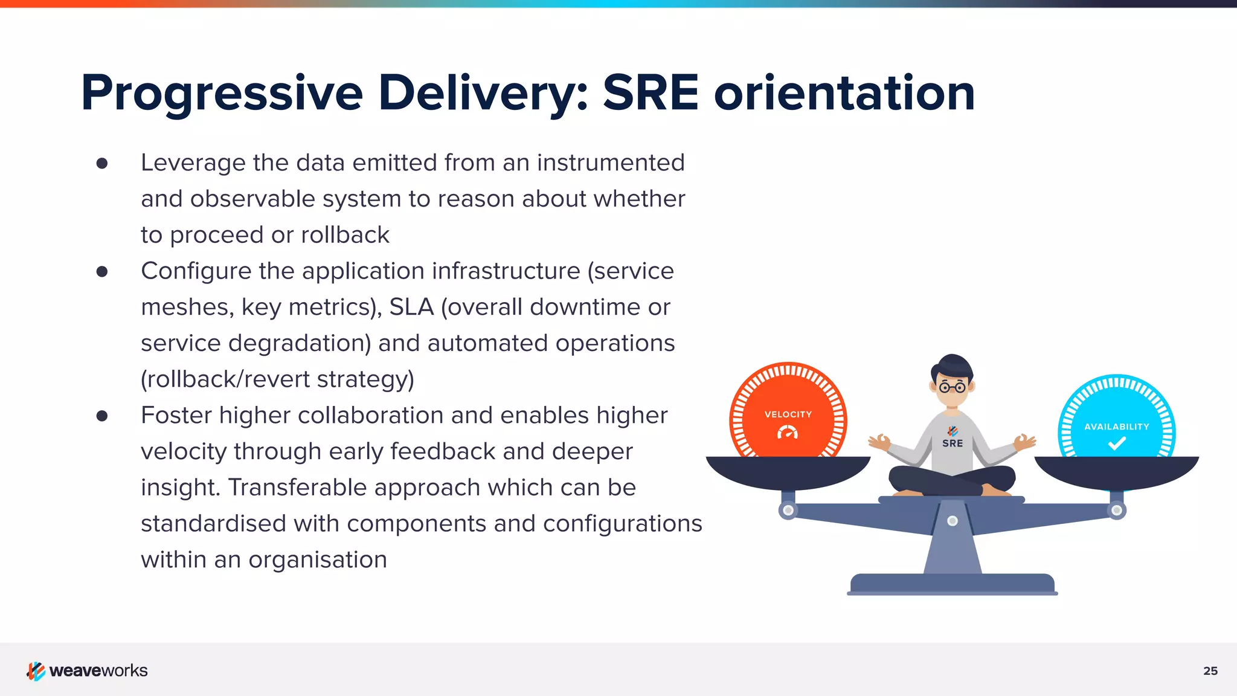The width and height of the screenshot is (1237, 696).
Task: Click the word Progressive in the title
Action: [222, 94]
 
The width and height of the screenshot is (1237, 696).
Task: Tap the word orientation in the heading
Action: [844, 94]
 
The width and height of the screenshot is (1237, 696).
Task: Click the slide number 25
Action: [1210, 671]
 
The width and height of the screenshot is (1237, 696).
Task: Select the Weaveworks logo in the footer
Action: [87, 671]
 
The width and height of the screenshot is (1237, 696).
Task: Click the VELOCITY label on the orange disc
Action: [788, 414]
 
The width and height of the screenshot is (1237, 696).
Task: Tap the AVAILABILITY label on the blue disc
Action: [1116, 427]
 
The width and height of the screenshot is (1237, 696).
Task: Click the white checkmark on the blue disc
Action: [1117, 444]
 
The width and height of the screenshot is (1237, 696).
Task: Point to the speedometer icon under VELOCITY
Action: [788, 432]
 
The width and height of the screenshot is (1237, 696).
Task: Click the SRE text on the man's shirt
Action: [953, 443]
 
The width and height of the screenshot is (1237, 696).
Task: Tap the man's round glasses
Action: [953, 387]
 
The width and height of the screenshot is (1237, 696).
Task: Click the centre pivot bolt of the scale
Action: [953, 521]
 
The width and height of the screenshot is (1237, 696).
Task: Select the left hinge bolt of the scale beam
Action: [788, 511]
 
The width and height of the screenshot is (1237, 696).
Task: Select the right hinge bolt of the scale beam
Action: [1117, 511]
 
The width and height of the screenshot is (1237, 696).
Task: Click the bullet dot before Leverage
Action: [102, 163]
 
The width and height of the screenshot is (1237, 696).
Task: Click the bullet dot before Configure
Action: [102, 271]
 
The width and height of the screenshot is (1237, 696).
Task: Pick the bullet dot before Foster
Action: [102, 416]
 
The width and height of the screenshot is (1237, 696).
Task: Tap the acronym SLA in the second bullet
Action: [411, 308]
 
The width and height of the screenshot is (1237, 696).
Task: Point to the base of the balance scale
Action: [952, 584]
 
